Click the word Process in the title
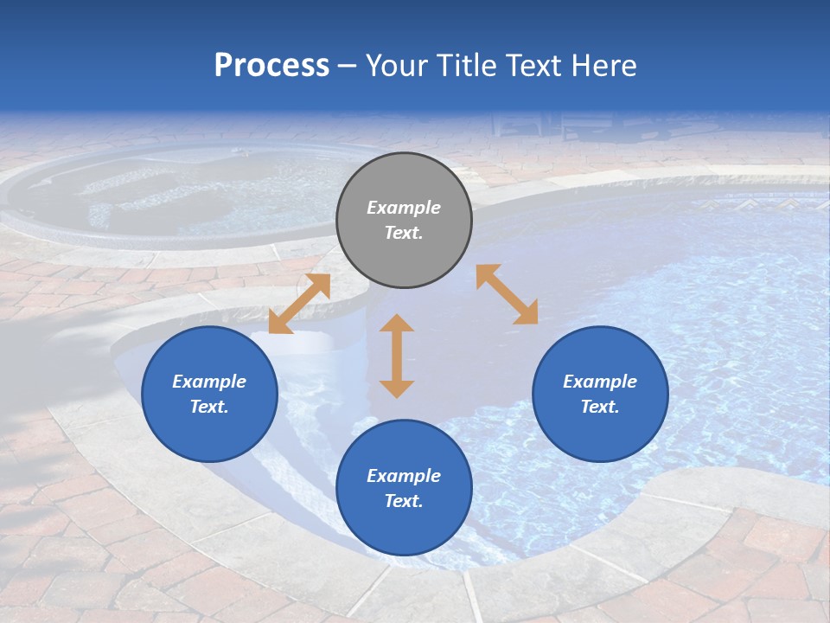point(271,66)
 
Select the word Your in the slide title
point(399,66)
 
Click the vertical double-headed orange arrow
point(397,356)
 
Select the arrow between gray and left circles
point(299,304)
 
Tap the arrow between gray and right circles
point(507,294)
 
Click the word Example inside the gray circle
point(404,208)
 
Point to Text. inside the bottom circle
point(404,501)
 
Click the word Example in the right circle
point(600,382)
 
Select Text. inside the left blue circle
point(209,407)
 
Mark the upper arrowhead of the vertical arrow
point(397,323)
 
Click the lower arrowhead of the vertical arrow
point(397,389)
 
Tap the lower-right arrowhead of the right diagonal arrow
point(527,314)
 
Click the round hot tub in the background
point(173,195)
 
